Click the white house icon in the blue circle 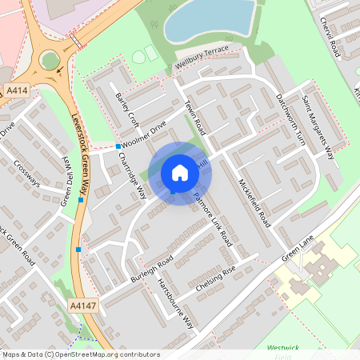pyautogui.click(x=180, y=172)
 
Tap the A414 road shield pyautogui.click(x=15, y=91)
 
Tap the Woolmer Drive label pyautogui.click(x=145, y=134)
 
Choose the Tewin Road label pyautogui.click(x=195, y=118)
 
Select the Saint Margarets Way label pyautogui.click(x=318, y=121)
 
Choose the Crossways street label pyautogui.click(x=28, y=173)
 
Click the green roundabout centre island pyautogui.click(x=50, y=60)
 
